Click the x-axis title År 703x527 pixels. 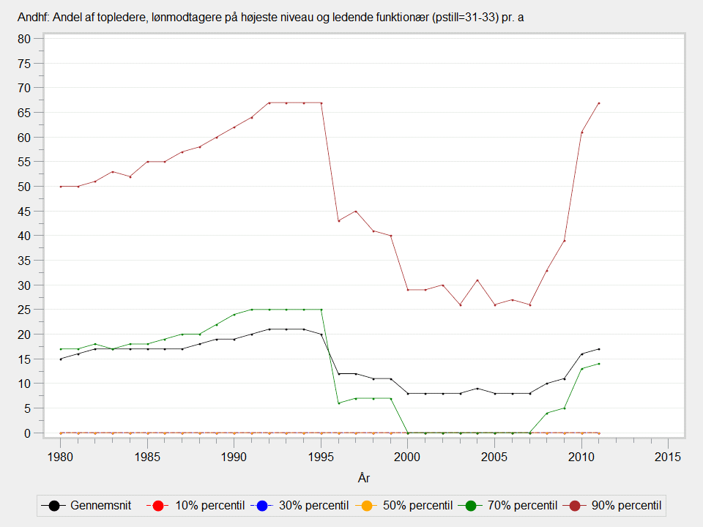[364, 478]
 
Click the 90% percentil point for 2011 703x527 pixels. [599, 103]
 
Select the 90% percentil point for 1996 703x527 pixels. [338, 221]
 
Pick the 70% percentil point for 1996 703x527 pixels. [338, 403]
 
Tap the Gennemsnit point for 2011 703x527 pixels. [599, 349]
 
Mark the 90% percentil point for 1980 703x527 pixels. [61, 187]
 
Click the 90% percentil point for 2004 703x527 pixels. [477, 280]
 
